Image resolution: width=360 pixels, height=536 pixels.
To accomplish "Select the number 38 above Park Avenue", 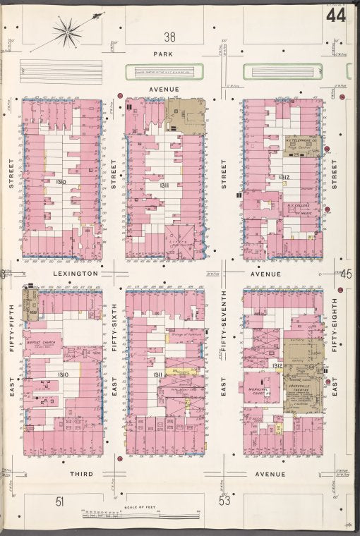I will click(x=169, y=37).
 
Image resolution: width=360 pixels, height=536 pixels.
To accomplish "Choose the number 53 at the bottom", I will click(x=224, y=501).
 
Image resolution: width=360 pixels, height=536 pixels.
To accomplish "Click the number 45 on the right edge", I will click(x=346, y=274).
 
